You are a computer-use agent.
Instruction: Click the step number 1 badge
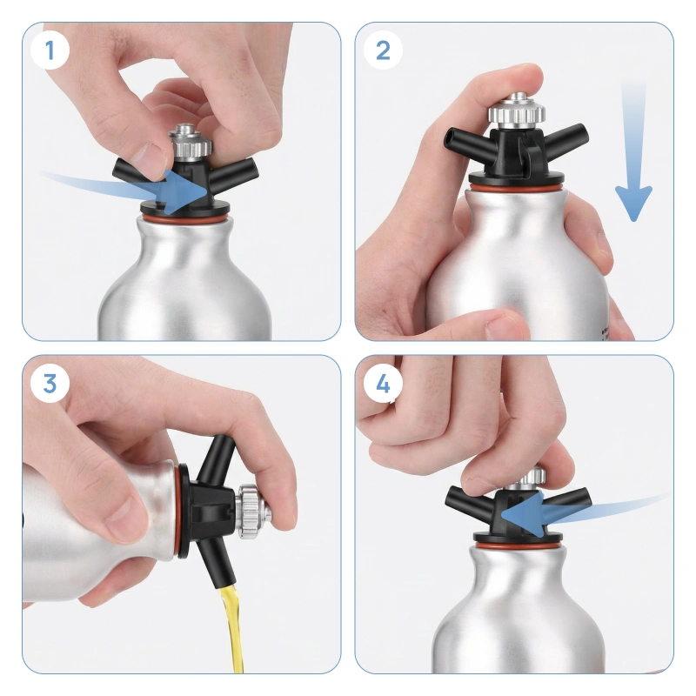pyautogui.click(x=50, y=50)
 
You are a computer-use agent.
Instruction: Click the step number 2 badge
pyautogui.click(x=383, y=50)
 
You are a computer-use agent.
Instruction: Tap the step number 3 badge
pyautogui.click(x=50, y=383)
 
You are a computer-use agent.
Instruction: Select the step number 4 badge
pyautogui.click(x=383, y=383)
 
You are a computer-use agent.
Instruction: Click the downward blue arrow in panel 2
pyautogui.click(x=633, y=153)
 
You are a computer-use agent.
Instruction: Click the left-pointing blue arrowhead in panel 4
pyautogui.click(x=524, y=515)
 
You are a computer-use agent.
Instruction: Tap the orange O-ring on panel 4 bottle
pyautogui.click(x=518, y=545)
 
